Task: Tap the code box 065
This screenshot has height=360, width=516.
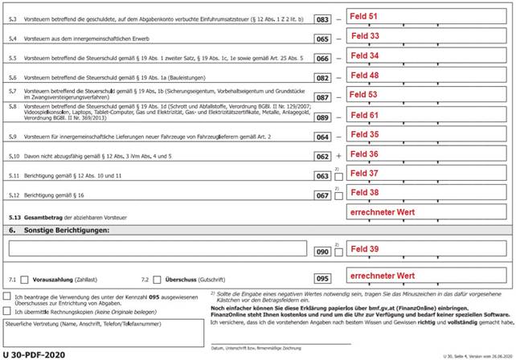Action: (x=323, y=38)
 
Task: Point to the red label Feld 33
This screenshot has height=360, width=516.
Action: (x=363, y=36)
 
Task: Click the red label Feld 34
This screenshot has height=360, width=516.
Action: (x=363, y=56)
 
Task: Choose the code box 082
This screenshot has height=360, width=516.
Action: (x=323, y=77)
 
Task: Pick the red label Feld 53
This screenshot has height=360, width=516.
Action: (x=363, y=95)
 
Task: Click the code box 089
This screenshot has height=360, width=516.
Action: (x=323, y=117)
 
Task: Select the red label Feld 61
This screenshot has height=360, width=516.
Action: (x=363, y=115)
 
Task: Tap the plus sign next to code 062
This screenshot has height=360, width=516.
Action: (x=339, y=156)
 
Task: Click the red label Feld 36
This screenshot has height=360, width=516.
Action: (x=363, y=153)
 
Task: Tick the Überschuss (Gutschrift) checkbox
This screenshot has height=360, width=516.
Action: (x=157, y=279)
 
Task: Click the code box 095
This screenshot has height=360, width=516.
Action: (x=323, y=279)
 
